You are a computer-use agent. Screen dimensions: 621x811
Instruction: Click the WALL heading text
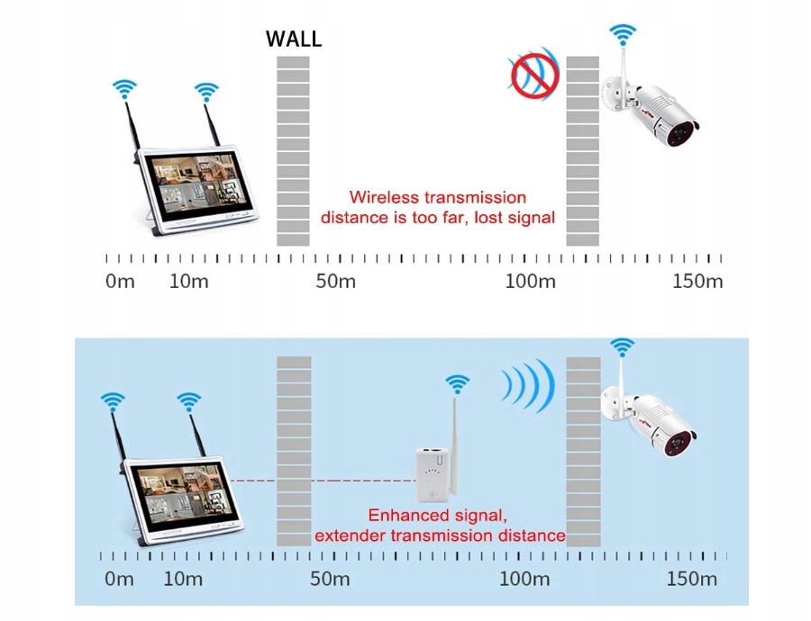pos(293,40)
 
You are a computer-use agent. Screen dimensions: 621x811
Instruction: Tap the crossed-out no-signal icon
pos(534,74)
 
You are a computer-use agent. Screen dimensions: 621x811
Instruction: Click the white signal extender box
pos(433,474)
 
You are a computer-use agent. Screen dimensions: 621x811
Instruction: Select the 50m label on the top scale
pos(335,281)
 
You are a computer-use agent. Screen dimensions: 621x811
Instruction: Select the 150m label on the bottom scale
pos(691,578)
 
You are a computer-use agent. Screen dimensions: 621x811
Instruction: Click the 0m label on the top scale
pos(120,281)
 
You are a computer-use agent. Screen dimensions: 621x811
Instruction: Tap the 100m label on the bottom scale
pos(524,578)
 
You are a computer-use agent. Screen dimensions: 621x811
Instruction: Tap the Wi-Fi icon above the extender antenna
pos(458,384)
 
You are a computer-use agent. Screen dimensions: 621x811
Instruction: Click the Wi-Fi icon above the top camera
pos(621,35)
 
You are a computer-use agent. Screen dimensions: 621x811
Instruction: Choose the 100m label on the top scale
pos(530,281)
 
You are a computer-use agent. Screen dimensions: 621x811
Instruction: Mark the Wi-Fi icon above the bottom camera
pos(621,346)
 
